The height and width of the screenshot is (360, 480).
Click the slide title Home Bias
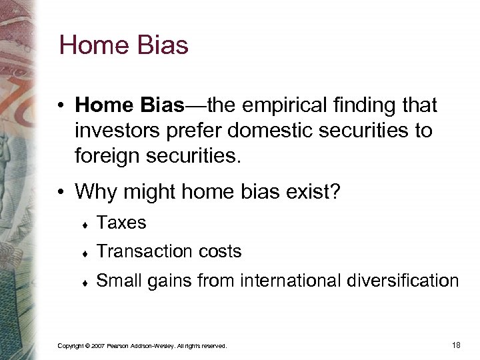pyautogui.click(x=124, y=46)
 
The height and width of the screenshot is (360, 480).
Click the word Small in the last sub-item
pyautogui.click(x=119, y=281)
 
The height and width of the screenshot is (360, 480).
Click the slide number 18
pyautogui.click(x=456, y=345)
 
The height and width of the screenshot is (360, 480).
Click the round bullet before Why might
pyautogui.click(x=61, y=193)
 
